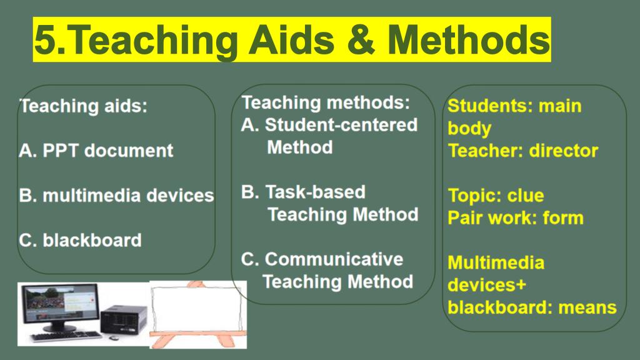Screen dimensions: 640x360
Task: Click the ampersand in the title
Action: coord(359,39)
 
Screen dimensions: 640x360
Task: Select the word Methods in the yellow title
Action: coord(469,39)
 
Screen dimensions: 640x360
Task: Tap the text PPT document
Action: coord(107,151)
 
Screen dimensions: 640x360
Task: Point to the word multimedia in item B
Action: coord(91,195)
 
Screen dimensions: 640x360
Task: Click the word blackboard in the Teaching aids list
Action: coord(92,240)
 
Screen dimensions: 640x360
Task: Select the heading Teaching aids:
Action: coord(83,106)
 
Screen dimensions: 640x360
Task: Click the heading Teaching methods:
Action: coord(326,102)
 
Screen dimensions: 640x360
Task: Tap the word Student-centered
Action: coord(341,125)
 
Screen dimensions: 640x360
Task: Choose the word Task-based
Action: coord(315,192)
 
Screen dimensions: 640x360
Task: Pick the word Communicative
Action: coord(334,259)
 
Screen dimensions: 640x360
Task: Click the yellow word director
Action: coord(564,151)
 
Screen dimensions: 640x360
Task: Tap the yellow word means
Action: coord(587,307)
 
